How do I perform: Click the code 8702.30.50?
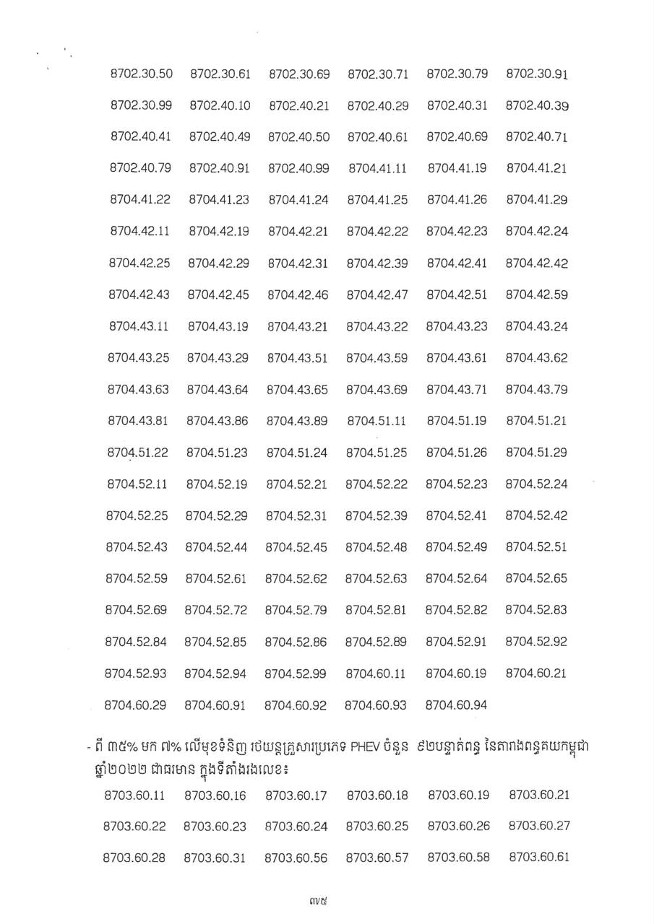(142, 74)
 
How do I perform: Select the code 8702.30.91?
(537, 74)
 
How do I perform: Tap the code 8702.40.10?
(220, 105)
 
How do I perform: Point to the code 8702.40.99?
(298, 168)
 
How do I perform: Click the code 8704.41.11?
(378, 168)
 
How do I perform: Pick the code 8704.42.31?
(298, 263)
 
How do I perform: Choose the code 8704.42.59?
(537, 295)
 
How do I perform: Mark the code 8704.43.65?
(297, 390)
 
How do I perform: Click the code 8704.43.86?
(218, 421)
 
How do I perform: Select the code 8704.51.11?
(377, 421)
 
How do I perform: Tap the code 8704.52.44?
(217, 547)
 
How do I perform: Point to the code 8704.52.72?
(216, 610)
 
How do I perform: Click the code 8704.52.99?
(296, 674)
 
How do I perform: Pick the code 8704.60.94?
(456, 705)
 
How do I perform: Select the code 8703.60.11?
(134, 796)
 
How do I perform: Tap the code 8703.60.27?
(539, 827)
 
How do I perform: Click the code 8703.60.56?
(296, 858)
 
